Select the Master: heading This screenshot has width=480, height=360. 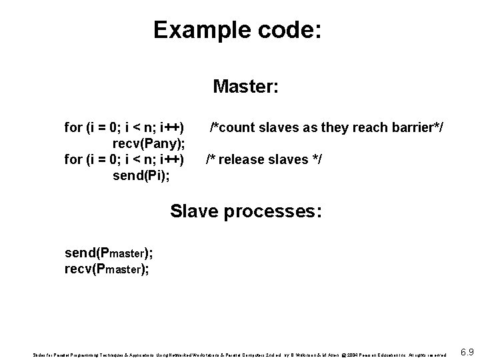pos(245,87)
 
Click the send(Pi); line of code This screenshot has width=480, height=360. pos(141,175)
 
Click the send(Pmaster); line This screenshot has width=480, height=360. pos(108,253)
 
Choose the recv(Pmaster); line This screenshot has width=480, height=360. pos(107,269)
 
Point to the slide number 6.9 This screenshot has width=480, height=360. pos(467,351)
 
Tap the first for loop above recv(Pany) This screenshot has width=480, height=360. pos(124,127)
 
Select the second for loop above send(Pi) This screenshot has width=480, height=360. pos(124,159)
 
